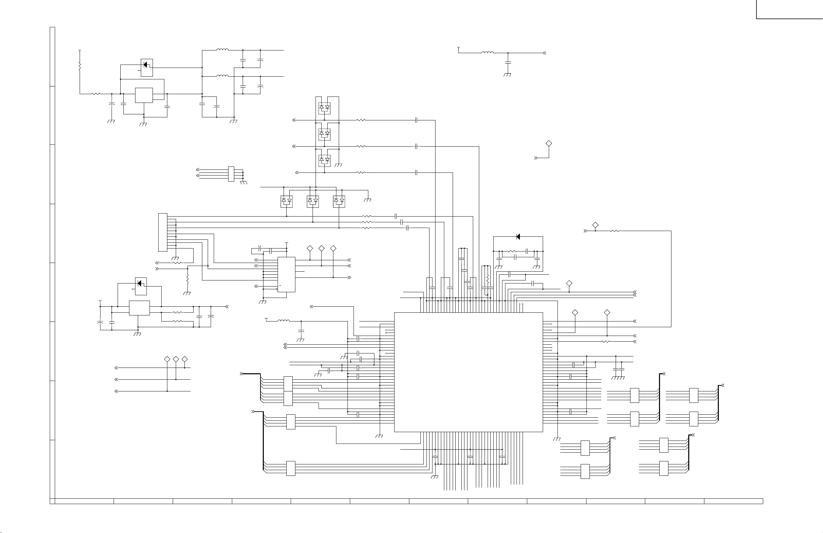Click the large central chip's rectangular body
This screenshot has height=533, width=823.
click(x=468, y=372)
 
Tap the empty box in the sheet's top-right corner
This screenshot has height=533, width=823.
click(x=789, y=9)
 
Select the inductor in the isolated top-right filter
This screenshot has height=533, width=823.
click(x=488, y=52)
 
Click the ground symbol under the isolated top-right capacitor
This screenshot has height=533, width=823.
click(x=507, y=74)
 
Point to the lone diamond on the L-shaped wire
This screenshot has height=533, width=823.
click(x=548, y=143)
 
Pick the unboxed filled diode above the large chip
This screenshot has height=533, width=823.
click(x=518, y=237)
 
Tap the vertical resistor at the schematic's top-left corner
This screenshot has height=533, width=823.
click(x=80, y=66)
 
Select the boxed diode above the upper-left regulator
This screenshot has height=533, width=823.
click(x=147, y=68)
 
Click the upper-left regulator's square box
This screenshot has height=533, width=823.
click(x=144, y=95)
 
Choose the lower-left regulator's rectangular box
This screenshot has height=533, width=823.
click(x=139, y=308)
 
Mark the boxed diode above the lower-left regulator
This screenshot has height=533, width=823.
click(x=141, y=286)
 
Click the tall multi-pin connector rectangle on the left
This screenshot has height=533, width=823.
click(x=163, y=232)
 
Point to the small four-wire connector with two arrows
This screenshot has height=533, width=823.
click(x=231, y=174)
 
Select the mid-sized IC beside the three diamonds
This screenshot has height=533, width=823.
click(x=286, y=274)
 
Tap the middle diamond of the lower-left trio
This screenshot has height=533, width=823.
click(x=176, y=359)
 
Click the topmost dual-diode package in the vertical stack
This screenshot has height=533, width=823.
click(x=324, y=108)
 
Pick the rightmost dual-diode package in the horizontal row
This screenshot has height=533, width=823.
click(x=339, y=201)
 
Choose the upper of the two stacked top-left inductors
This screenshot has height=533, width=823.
click(x=222, y=50)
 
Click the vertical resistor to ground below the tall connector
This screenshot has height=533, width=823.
click(x=188, y=279)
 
